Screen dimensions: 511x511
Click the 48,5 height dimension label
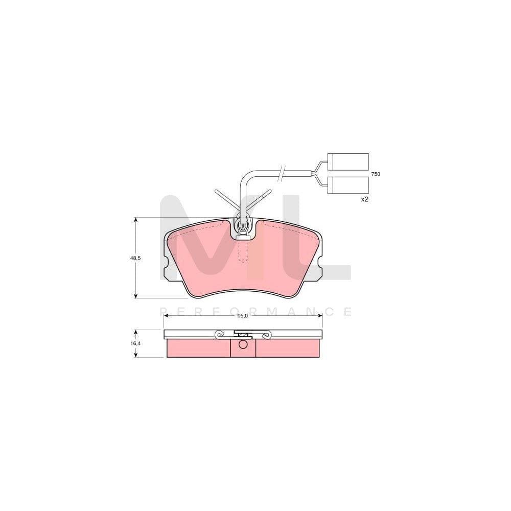coord(135,258)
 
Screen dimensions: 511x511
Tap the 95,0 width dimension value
coord(242,316)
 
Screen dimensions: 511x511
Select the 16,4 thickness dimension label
coord(135,343)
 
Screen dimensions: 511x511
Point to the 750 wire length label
coord(376,174)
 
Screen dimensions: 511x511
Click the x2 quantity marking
coord(364,199)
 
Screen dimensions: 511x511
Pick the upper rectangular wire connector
coord(347,162)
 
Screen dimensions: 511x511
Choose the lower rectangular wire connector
coord(347,185)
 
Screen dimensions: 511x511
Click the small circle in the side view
coord(243,344)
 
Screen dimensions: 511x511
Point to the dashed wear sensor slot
coord(243,251)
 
